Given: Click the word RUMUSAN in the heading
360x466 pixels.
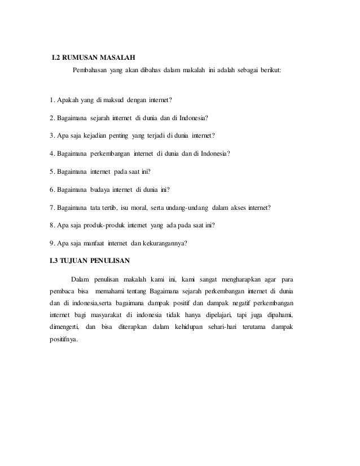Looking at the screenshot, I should click(80, 58).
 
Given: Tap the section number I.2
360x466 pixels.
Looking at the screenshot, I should click(55, 58).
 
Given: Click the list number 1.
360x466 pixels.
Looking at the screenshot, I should click(51, 101).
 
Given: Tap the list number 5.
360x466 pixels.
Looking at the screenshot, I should click(51, 171).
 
